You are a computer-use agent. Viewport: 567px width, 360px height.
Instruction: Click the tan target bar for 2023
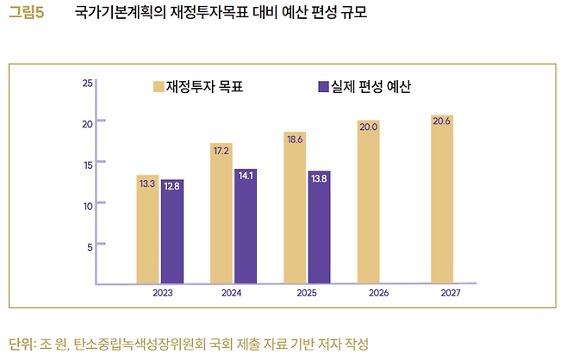click(x=147, y=229)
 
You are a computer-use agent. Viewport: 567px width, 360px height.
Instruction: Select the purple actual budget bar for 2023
click(x=172, y=232)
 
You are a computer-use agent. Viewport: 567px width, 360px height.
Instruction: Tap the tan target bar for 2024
click(x=221, y=213)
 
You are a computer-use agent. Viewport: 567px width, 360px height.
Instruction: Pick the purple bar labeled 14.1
click(x=246, y=226)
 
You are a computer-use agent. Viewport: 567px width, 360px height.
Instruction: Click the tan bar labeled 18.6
click(x=295, y=208)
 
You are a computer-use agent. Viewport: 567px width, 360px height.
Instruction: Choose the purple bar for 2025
click(x=319, y=227)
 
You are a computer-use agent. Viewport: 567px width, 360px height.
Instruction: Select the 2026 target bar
click(x=369, y=202)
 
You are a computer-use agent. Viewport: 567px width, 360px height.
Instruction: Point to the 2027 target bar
click(x=442, y=199)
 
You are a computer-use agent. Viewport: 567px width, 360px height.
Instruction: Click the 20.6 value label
click(x=442, y=121)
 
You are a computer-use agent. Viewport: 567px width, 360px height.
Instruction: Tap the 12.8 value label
click(x=172, y=185)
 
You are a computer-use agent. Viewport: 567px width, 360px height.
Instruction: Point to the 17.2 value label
click(x=221, y=150)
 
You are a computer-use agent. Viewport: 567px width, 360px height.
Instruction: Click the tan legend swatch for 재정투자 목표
click(x=159, y=87)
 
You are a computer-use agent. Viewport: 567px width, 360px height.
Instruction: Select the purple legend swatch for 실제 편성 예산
click(x=324, y=87)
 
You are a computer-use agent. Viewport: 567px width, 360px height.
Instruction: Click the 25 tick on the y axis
click(x=87, y=83)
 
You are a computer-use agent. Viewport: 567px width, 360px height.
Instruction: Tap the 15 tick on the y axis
click(x=87, y=164)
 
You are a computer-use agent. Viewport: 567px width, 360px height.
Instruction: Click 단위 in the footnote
click(x=19, y=344)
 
